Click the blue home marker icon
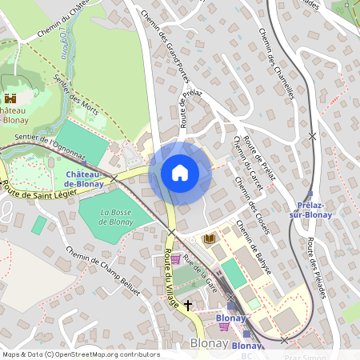[180, 173]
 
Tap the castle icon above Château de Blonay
[11, 98]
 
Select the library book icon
[210, 238]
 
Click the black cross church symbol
[189, 305]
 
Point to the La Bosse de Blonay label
[116, 217]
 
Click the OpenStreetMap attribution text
[80, 354]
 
